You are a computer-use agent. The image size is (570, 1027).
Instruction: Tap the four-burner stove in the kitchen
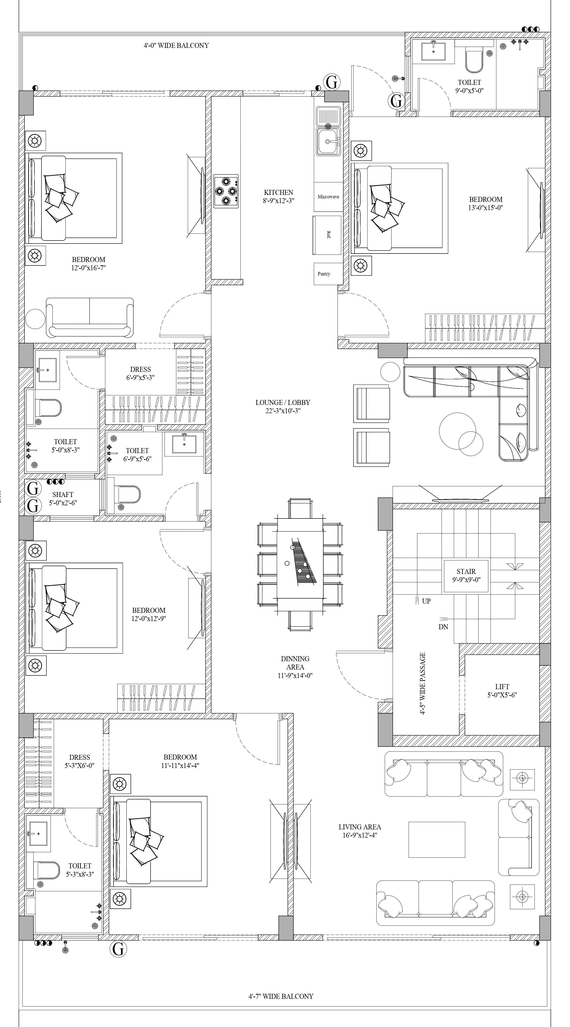[226, 191]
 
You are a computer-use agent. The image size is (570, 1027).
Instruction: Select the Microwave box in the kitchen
[328, 197]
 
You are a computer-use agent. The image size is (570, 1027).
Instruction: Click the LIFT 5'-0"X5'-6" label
[502, 690]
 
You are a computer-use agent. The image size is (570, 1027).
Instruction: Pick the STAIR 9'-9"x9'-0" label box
[466, 576]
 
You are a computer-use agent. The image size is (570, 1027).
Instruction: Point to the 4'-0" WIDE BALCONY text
[176, 45]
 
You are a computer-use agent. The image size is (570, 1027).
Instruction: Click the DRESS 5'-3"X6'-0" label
[79, 761]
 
